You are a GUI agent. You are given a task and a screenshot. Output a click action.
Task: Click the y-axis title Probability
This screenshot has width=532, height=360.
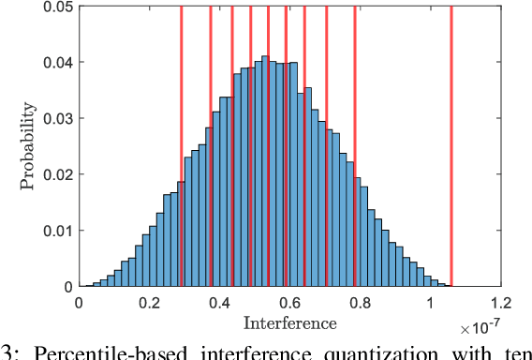[x=29, y=146]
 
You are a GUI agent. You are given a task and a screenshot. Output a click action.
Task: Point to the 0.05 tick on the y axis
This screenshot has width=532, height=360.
[x=55, y=7]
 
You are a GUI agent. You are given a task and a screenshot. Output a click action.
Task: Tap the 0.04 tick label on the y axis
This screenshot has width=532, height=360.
[x=55, y=63]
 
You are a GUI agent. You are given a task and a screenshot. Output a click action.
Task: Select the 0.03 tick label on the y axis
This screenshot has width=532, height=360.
[x=55, y=119]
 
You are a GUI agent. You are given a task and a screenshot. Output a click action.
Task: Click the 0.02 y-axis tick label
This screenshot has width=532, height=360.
[x=55, y=174]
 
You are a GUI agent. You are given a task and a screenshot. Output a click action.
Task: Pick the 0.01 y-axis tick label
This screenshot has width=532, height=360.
[x=55, y=231]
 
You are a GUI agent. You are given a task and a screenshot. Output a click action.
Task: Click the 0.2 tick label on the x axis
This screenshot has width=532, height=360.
[x=148, y=304]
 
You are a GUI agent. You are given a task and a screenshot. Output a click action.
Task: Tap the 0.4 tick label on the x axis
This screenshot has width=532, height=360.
[x=218, y=304]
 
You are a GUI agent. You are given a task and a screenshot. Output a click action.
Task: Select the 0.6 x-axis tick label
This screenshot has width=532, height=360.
[x=288, y=304]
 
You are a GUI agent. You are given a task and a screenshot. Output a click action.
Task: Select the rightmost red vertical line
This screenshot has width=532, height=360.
[x=451, y=141]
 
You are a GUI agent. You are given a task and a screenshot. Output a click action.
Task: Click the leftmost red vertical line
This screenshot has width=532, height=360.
[x=181, y=141]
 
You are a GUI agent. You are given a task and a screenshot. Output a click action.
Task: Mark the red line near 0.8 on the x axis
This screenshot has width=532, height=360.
[x=355, y=141]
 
